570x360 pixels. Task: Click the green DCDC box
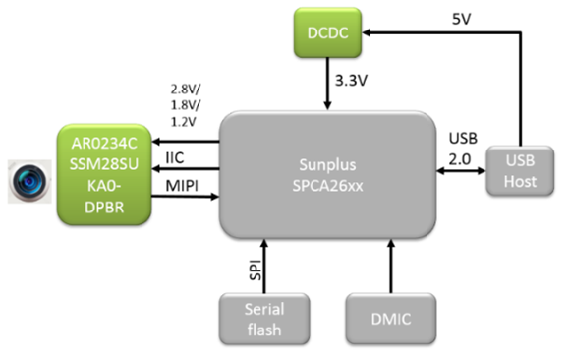coord(327,32)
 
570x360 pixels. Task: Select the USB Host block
coord(520,171)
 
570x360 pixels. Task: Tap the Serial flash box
coord(264,319)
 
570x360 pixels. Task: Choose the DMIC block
coord(391,319)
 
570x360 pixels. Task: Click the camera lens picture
coord(29,181)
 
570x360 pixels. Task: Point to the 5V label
coord(461,19)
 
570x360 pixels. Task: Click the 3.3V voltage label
coord(351,81)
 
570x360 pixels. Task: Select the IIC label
coord(175,158)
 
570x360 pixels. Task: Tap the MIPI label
coord(182,186)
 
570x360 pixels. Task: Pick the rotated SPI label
coord(256,270)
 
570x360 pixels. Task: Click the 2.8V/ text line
coord(186,89)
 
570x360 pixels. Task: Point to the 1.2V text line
coord(183,122)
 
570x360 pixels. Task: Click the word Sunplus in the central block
coord(327,165)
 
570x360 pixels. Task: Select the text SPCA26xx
coord(327,186)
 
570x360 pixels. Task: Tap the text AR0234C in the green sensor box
coord(104,144)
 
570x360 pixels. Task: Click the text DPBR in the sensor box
coord(104,208)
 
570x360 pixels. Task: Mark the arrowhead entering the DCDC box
coord(367,32)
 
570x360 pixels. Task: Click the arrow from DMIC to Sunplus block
coord(391,267)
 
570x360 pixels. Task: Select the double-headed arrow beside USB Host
coord(461,170)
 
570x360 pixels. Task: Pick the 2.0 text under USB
coord(460,159)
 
